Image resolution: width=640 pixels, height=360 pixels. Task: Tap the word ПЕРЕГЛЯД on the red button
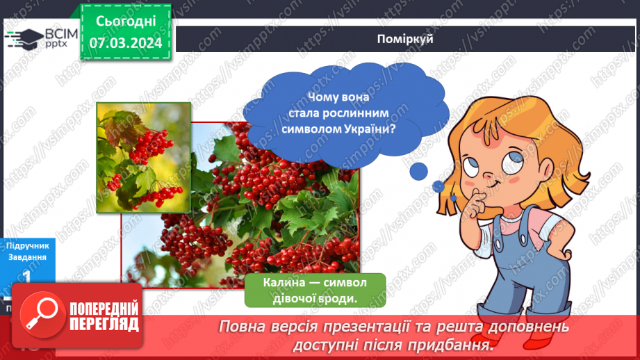coord(104,325)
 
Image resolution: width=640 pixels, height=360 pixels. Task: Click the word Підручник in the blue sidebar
coord(26,245)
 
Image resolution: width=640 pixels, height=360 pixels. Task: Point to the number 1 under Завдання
coord(26,276)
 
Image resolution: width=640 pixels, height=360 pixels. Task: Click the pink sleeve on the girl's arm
coord(550,224)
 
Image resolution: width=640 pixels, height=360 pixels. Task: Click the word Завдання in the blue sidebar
coord(26,256)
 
